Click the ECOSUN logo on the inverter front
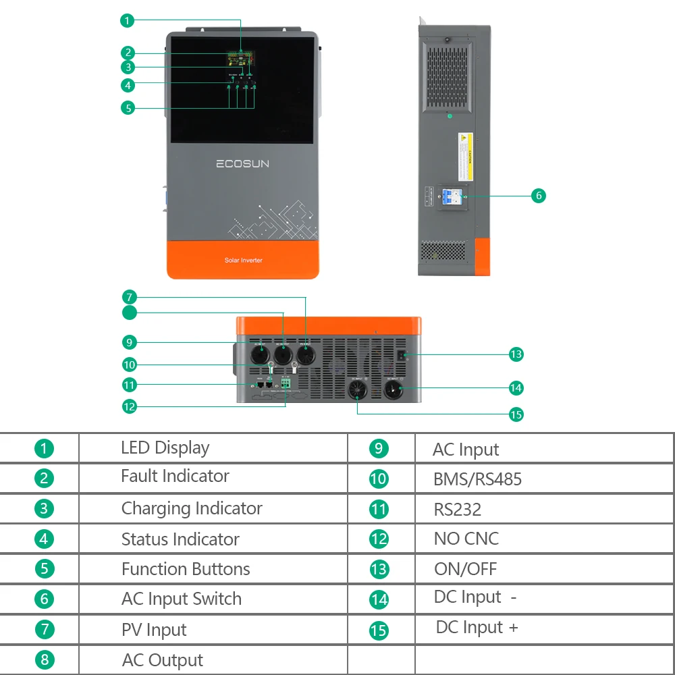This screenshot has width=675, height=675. coord(242,163)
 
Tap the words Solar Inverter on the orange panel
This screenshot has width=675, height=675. coord(243,260)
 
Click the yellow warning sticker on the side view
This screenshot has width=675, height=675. coord(465,157)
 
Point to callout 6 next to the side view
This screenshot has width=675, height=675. coord(537,196)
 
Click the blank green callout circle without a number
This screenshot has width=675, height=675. coord(130,313)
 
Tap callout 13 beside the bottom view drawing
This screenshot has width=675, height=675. coord(516,354)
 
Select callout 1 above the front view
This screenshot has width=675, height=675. coord(127,21)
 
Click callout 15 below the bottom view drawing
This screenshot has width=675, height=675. coord(516,414)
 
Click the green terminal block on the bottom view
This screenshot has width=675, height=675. coord(285,383)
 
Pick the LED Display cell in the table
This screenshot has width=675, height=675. coord(165,448)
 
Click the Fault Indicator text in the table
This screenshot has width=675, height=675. coord(175,476)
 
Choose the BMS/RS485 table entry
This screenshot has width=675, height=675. coord(477,479)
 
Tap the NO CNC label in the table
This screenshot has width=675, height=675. coord(466,539)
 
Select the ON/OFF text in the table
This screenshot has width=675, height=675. coord(465,568)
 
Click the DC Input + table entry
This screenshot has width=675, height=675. coord(477,627)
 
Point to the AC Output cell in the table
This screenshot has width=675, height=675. coord(162,660)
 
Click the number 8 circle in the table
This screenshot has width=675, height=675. coord(44,659)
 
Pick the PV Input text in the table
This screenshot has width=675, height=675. coord(154,630)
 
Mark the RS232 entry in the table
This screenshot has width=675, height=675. coord(458,510)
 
